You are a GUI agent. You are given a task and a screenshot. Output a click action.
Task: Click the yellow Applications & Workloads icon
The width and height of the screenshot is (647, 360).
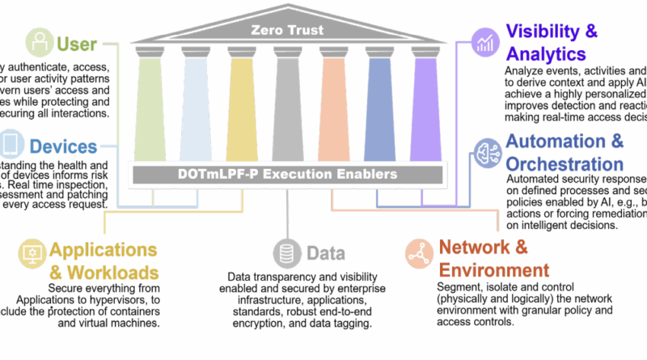pyautogui.click(x=33, y=253)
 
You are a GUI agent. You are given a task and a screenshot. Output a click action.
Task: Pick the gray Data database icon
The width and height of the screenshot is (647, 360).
pyautogui.click(x=285, y=253)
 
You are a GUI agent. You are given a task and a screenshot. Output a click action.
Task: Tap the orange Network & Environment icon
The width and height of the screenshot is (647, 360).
pyautogui.click(x=419, y=253)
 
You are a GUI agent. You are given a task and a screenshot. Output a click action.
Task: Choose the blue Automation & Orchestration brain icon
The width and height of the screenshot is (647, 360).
pyautogui.click(x=488, y=150)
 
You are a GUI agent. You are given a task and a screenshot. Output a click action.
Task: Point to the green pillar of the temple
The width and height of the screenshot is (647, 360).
pyautogui.click(x=150, y=106)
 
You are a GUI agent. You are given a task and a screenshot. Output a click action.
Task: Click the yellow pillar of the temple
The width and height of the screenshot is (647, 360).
pyautogui.click(x=241, y=106)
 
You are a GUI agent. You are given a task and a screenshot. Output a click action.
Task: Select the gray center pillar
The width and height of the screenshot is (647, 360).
pyautogui.click(x=287, y=106)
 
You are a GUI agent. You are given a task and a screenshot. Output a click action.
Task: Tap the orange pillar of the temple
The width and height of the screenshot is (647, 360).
pyautogui.click(x=334, y=106)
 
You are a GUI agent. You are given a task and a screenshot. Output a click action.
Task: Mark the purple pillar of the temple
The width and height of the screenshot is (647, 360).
pyautogui.click(x=424, y=106)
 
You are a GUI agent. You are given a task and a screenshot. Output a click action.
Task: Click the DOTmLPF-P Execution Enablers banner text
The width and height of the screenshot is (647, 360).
pyautogui.click(x=288, y=174)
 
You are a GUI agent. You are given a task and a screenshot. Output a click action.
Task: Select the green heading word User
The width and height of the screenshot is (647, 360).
pyautogui.click(x=77, y=43)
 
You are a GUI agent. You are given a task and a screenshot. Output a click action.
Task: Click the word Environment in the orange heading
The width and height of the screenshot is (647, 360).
pyautogui.click(x=493, y=269)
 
